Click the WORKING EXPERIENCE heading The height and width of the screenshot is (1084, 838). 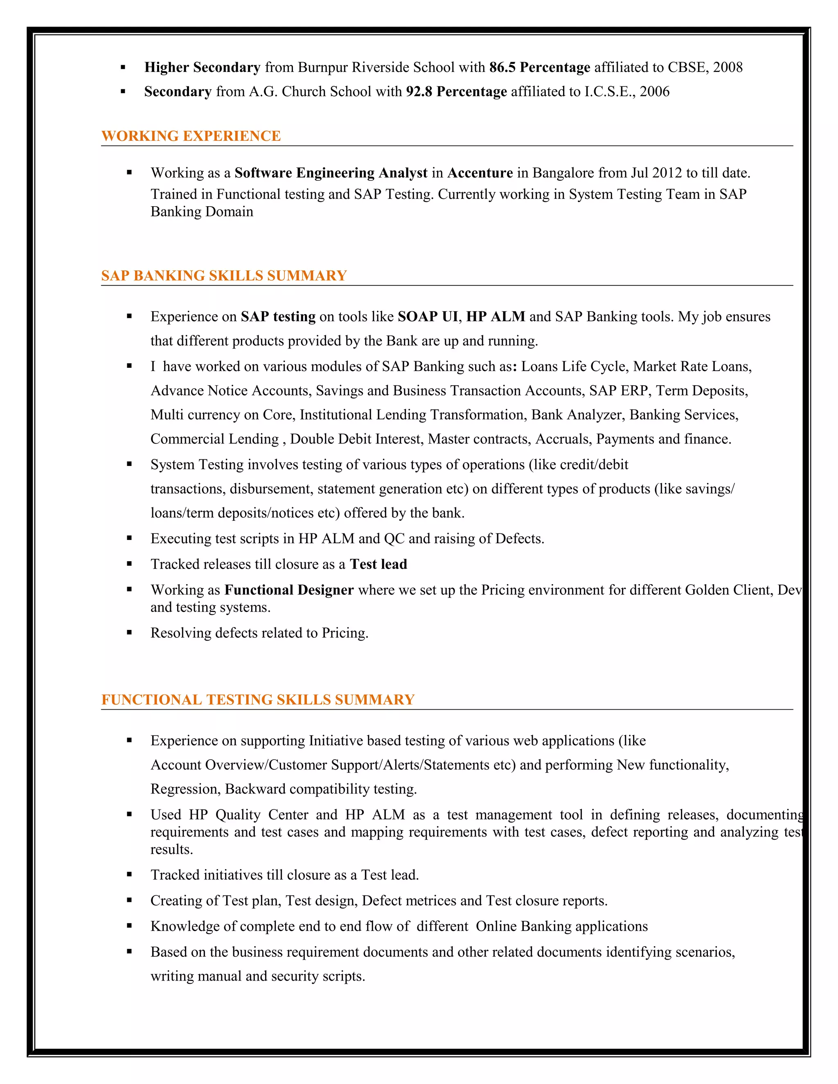[x=191, y=136]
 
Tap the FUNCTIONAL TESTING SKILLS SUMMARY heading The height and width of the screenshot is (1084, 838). [x=258, y=699]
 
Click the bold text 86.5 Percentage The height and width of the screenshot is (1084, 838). [x=540, y=67]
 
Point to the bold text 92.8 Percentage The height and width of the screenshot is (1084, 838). [x=456, y=92]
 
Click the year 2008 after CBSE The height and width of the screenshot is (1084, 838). [x=727, y=67]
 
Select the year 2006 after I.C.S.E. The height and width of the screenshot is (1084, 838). [x=654, y=92]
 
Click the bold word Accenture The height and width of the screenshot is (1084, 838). [x=480, y=173]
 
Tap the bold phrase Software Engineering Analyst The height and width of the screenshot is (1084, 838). [x=331, y=173]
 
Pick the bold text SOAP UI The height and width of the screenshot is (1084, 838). [x=428, y=317]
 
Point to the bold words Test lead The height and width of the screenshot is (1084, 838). [x=378, y=564]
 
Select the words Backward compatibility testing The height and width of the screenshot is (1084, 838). [x=321, y=789]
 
